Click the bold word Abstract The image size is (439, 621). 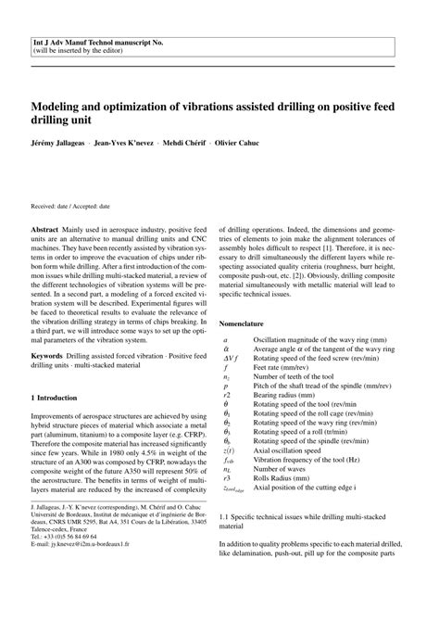[48, 226]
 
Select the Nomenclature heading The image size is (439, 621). [246, 323]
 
